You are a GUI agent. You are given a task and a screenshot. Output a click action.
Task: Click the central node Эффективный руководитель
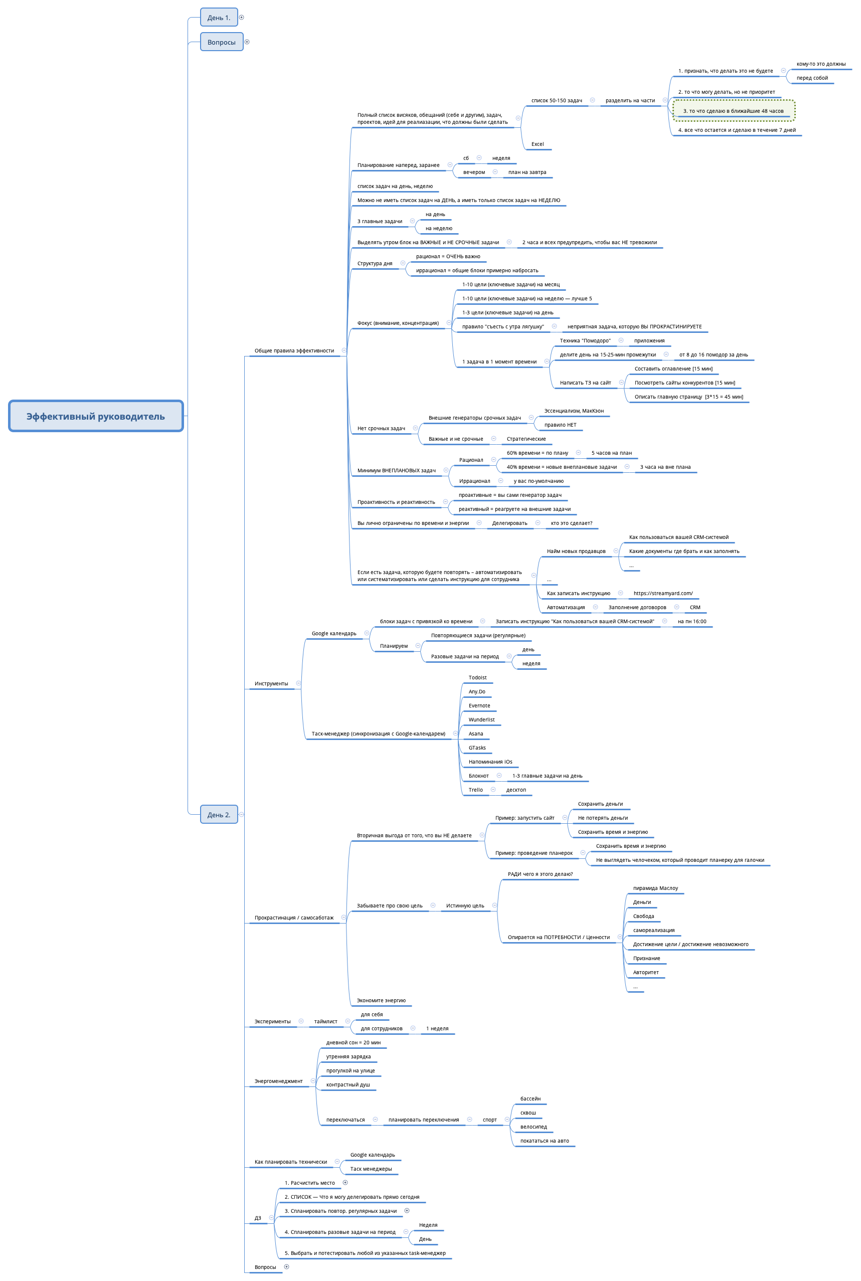coord(96,416)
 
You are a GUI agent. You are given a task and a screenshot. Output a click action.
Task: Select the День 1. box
coord(219,18)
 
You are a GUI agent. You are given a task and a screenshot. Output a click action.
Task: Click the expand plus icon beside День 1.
coord(242,18)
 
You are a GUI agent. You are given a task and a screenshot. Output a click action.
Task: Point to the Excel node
coord(537,144)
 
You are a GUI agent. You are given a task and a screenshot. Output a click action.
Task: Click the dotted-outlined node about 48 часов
coord(733,111)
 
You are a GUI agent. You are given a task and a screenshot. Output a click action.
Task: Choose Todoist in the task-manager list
coord(477,678)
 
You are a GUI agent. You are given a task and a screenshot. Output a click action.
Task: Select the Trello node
coord(475,790)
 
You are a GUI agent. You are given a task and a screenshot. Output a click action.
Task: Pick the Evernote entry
coord(479,706)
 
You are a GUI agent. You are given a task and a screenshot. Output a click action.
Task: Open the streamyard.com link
coord(663,593)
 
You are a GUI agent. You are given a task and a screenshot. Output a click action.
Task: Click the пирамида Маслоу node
coord(655,888)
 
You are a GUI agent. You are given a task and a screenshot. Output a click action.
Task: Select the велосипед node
coord(533,1127)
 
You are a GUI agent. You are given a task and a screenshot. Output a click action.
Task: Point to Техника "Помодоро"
coord(585,341)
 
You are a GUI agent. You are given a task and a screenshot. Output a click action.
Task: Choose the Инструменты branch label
coord(271,683)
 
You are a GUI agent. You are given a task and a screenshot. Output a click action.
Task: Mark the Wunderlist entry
coord(481,719)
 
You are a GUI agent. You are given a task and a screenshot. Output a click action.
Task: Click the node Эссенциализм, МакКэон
coord(573,411)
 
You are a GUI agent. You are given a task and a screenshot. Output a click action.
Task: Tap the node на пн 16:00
coord(692,621)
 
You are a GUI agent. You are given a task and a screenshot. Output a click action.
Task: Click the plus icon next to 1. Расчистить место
coord(346,1183)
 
